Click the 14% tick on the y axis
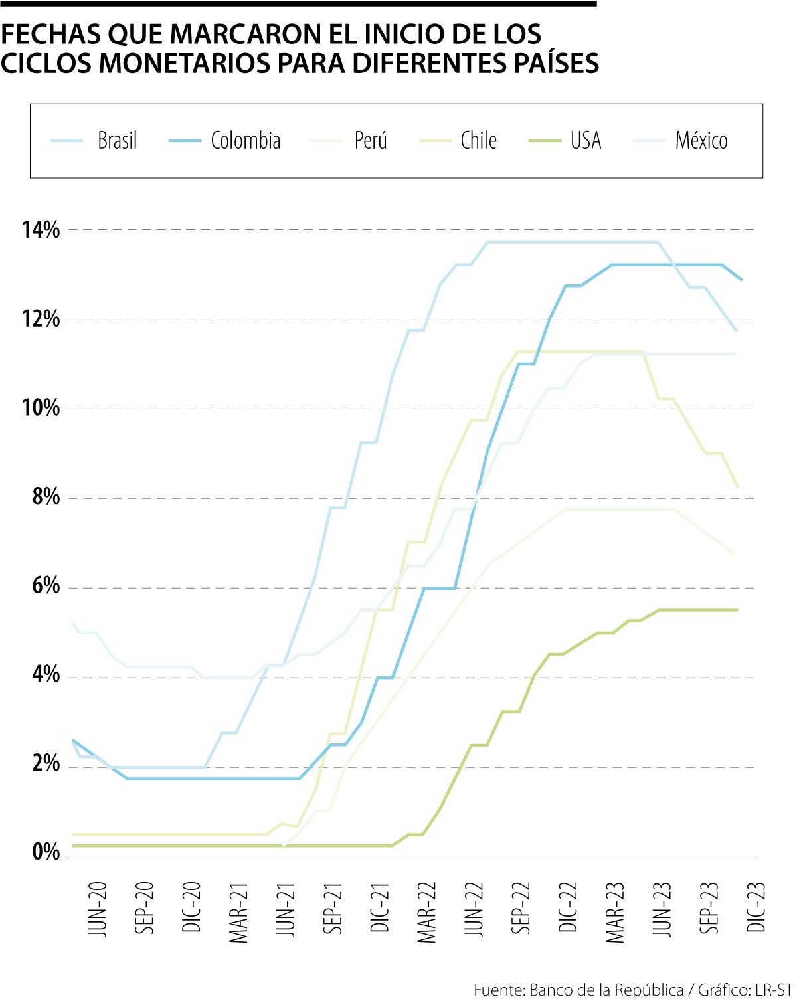[x=41, y=230]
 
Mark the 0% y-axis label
[x=46, y=852]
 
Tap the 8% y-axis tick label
[x=46, y=498]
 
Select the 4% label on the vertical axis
[x=46, y=676]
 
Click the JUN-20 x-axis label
[x=97, y=910]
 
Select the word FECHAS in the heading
[x=49, y=33]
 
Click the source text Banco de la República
[x=606, y=990]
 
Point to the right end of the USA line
[x=737, y=610]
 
